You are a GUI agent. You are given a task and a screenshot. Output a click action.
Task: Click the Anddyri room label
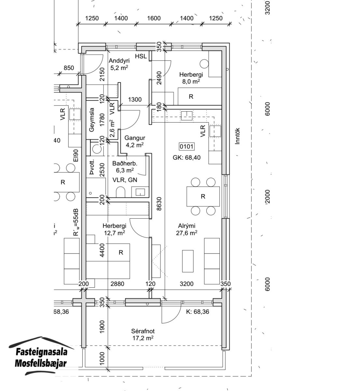[x=119, y=61]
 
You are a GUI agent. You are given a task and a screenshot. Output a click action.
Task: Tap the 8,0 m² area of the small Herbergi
[x=191, y=81]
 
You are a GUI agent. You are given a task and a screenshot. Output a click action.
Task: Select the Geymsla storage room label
[x=92, y=120]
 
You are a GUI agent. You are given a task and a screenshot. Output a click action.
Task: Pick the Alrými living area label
[x=187, y=226]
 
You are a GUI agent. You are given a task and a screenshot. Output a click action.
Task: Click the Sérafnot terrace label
[x=141, y=332]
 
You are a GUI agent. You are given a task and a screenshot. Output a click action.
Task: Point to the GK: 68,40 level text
[x=187, y=158]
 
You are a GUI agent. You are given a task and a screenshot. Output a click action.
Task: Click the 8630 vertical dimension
[x=159, y=204]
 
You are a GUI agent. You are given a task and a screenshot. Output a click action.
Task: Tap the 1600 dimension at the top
[x=154, y=18]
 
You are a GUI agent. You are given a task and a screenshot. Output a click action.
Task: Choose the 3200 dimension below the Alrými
[x=187, y=284]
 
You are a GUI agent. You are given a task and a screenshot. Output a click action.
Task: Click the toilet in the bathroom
[x=120, y=192]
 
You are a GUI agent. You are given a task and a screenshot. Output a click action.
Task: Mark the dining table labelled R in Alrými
[x=202, y=196]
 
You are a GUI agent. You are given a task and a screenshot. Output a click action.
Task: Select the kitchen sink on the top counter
[x=187, y=115]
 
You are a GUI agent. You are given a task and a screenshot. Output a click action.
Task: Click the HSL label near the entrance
[x=141, y=56]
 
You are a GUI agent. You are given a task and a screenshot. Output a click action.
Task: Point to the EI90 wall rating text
[x=76, y=156]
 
